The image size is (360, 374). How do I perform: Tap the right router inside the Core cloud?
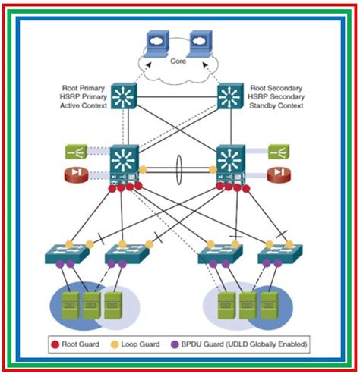(x=200, y=40)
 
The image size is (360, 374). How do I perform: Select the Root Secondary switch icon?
(x=231, y=96)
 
